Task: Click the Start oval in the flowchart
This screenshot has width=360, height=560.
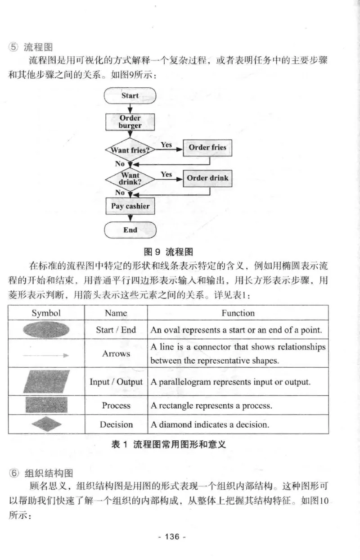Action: click(x=130, y=96)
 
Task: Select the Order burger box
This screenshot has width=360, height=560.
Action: click(x=130, y=122)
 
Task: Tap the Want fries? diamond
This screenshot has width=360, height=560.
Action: click(x=130, y=150)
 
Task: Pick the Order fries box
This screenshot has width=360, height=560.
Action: click(x=207, y=148)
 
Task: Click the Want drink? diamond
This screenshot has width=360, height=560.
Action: click(x=130, y=178)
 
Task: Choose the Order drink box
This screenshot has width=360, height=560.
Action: click(x=207, y=178)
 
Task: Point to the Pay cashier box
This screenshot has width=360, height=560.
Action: click(x=130, y=206)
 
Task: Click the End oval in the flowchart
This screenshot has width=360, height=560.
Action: click(x=130, y=230)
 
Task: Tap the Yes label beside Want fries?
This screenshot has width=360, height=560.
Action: click(x=166, y=145)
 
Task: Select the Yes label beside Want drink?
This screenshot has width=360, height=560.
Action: click(x=166, y=175)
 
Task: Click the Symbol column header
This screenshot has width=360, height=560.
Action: click(x=46, y=313)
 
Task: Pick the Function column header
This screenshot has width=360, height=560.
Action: click(x=238, y=313)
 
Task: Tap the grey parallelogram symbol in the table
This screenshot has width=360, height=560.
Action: click(x=46, y=382)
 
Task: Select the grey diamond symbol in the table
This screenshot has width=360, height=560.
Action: click(x=46, y=424)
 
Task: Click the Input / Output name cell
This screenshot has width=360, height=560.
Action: click(x=116, y=382)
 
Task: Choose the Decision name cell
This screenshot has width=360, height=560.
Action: click(x=116, y=425)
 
